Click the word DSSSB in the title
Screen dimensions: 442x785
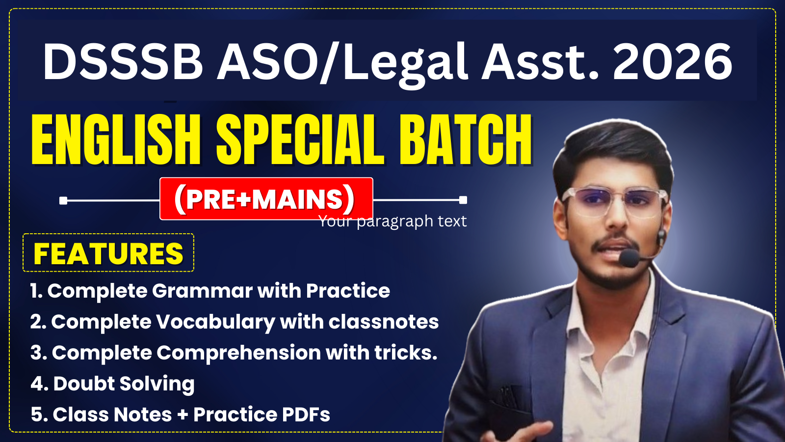123,62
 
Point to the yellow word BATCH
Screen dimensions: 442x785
465,140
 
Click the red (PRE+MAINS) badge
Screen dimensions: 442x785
266,199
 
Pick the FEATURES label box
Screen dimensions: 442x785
108,253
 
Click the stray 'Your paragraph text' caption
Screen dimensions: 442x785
392,221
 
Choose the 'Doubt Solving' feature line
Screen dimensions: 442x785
113,384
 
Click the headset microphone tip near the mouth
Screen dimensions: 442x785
628,258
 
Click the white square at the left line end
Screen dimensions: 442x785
63,200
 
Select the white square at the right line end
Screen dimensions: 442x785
463,200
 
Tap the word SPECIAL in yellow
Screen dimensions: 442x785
300,140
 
